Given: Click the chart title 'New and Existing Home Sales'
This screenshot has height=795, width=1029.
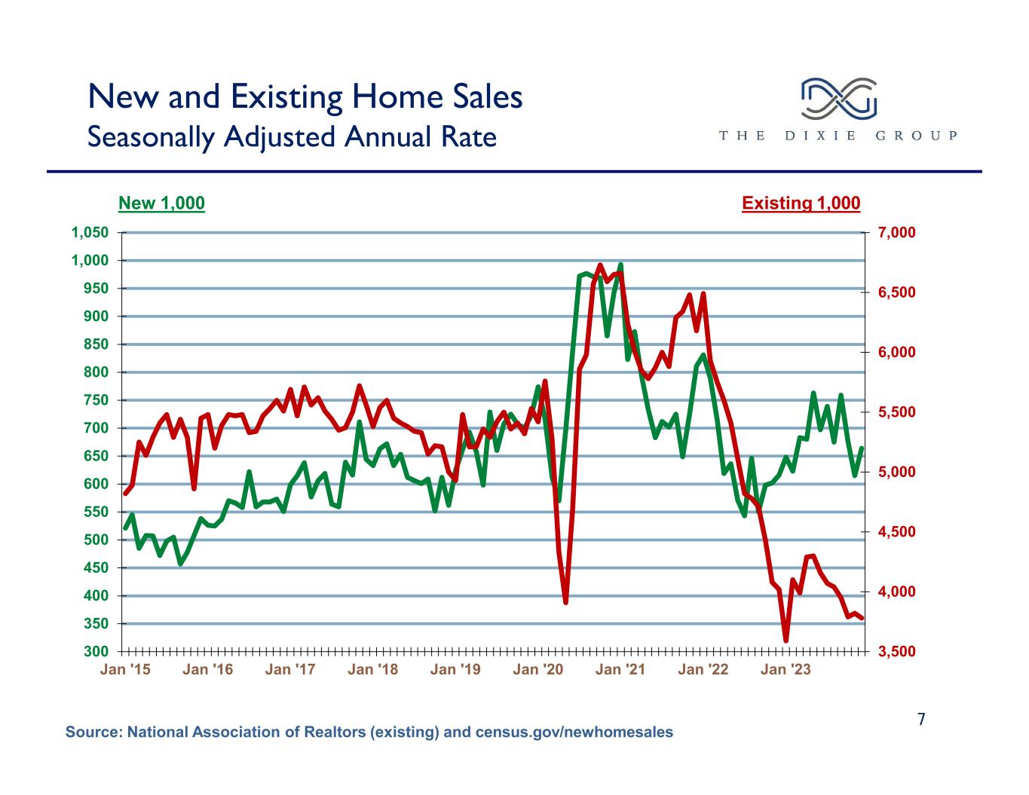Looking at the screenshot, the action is coord(305,97).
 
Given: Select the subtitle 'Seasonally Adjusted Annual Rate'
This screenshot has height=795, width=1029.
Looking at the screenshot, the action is coord(292,137).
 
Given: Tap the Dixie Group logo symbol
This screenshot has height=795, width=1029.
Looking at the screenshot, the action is coord(838,99).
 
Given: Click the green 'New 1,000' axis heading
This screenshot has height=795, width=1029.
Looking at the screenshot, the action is coord(161,203).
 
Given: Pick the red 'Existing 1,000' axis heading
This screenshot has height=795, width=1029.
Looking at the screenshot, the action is coord(801,203).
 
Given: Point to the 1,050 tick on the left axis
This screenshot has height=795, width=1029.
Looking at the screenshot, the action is coord(90,232).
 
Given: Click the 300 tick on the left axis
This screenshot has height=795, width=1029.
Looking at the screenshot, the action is coord(96,651).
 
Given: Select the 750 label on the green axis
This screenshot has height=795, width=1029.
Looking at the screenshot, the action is coord(96,400).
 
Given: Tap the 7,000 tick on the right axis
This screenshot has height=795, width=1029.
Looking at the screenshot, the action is coord(896,232).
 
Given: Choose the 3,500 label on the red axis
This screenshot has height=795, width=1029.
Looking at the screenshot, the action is coord(896,651).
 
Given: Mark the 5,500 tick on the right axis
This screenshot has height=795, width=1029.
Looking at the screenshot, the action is coord(896,411).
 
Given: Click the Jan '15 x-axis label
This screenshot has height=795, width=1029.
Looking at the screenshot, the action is coord(125,669).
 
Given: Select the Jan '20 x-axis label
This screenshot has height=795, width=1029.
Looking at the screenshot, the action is coord(538,669).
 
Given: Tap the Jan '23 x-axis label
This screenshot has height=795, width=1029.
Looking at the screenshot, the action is coord(786,669).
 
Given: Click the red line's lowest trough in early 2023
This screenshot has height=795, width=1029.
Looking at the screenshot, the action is coord(786,641).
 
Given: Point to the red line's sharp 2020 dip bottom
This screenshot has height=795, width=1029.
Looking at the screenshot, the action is coord(565,602).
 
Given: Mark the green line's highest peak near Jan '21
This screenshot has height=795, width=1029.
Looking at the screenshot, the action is coord(620,264).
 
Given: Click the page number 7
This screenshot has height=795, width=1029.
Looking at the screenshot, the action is coord(921,720).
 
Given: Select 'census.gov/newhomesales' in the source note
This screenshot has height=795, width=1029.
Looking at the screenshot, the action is coord(574,732).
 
